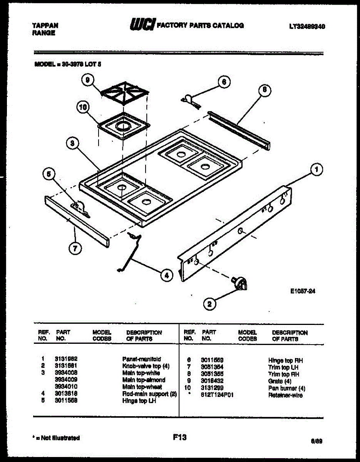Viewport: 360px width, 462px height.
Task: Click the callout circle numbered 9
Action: (88, 80)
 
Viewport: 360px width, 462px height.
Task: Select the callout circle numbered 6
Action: (224, 82)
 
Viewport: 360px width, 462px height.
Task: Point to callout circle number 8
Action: (265, 91)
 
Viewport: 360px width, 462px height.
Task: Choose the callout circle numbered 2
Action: (209, 304)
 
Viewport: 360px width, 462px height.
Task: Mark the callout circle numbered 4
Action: (166, 275)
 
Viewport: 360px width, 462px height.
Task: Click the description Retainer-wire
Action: (285, 395)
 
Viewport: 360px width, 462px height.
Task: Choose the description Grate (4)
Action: (280, 381)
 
